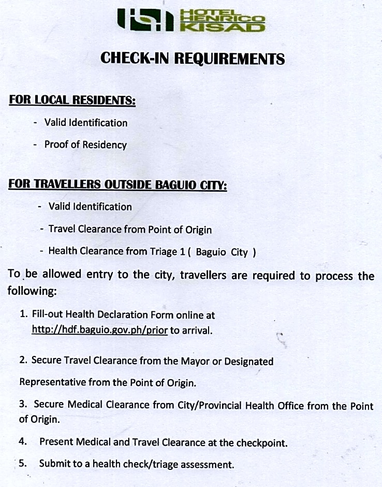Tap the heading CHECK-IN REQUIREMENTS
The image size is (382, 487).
[193, 58]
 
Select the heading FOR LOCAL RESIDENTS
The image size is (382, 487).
[72, 100]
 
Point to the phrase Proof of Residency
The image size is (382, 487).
[85, 145]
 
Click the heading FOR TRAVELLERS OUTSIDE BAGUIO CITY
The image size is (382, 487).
[117, 184]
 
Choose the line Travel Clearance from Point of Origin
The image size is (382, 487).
[130, 229]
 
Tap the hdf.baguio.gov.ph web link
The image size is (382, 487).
[99, 330]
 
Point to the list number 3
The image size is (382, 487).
[22, 405]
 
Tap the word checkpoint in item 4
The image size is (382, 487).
[261, 442]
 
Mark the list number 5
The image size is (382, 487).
[22, 463]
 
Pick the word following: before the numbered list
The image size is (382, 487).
[32, 291]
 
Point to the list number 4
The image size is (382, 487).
[22, 442]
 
